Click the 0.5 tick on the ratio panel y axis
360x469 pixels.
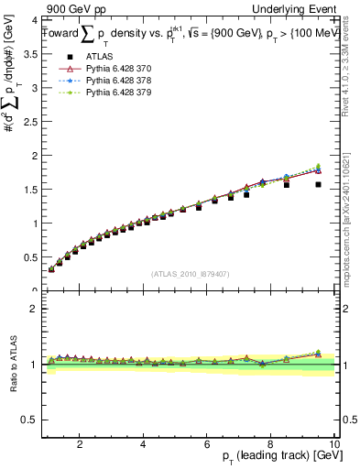pyautogui.click(x=30, y=420)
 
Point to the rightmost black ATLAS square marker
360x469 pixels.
pyautogui.click(x=319, y=184)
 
